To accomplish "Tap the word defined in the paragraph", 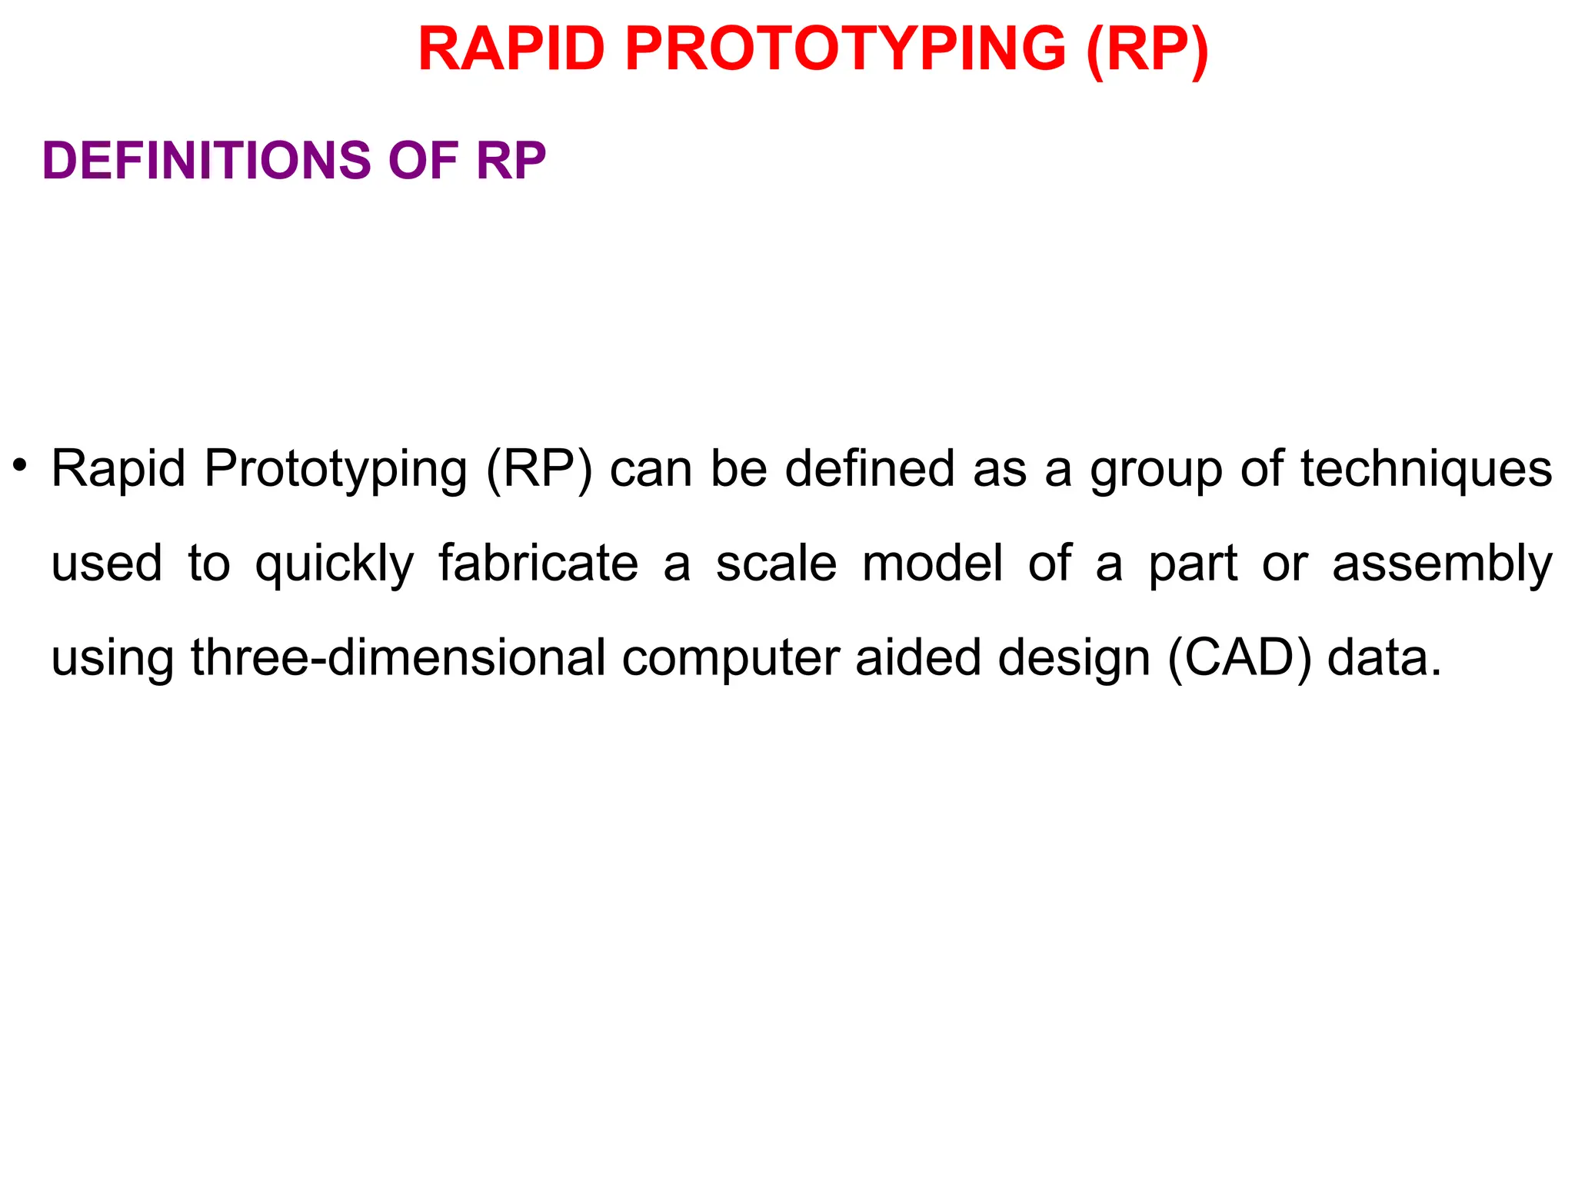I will (869, 468).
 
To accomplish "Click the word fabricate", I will (538, 563).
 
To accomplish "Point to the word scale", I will (776, 563).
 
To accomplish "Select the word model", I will (932, 563).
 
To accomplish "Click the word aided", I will (918, 658).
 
